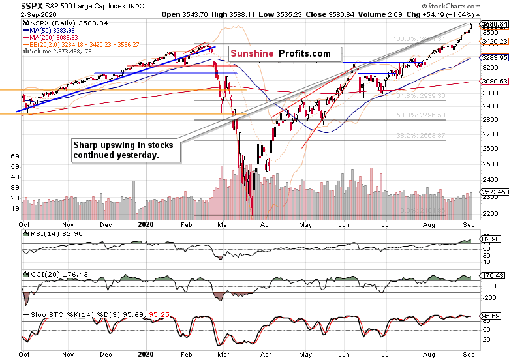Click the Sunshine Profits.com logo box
click(x=279, y=54)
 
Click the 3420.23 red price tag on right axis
click(x=494, y=41)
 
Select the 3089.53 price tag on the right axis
click(x=494, y=82)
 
